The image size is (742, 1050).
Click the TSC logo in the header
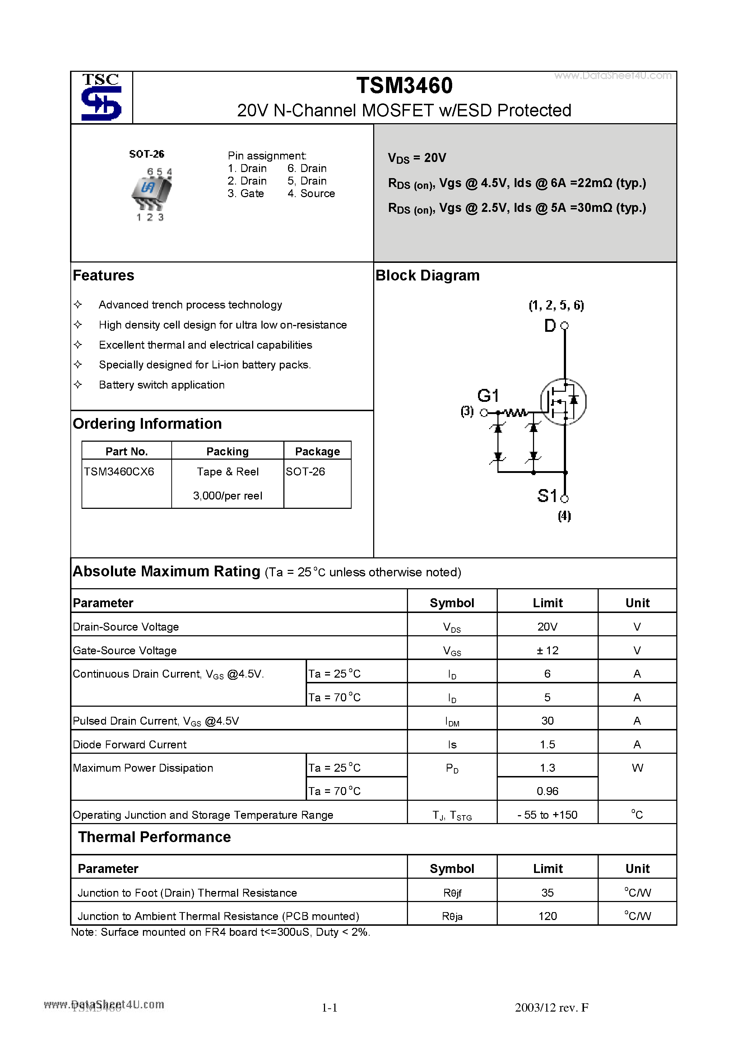pos(101,97)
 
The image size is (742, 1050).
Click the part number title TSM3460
pos(404,86)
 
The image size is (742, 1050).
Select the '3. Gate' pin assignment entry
pos(246,194)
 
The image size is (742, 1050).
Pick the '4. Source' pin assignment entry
pos(311,194)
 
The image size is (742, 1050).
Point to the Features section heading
pos(103,276)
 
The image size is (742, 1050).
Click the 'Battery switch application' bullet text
pos(162,385)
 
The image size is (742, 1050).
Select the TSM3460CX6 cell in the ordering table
pos(119,472)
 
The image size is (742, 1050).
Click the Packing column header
pos(227,452)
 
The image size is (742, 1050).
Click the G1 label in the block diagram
pos(488,396)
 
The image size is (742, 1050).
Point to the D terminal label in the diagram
pos(550,326)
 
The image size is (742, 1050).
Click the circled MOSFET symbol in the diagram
pos(563,402)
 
